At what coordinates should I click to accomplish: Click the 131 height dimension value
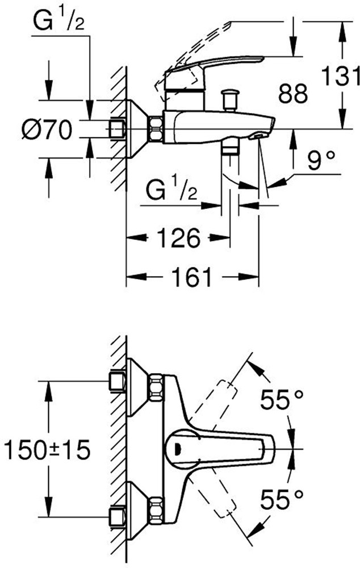click(341, 76)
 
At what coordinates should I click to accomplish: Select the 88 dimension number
click(293, 93)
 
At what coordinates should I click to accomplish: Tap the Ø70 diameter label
click(47, 131)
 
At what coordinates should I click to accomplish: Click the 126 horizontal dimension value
click(178, 238)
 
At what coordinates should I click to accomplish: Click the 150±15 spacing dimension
click(47, 450)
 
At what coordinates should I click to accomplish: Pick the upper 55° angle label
click(282, 399)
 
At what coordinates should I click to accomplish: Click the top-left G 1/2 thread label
click(58, 20)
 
